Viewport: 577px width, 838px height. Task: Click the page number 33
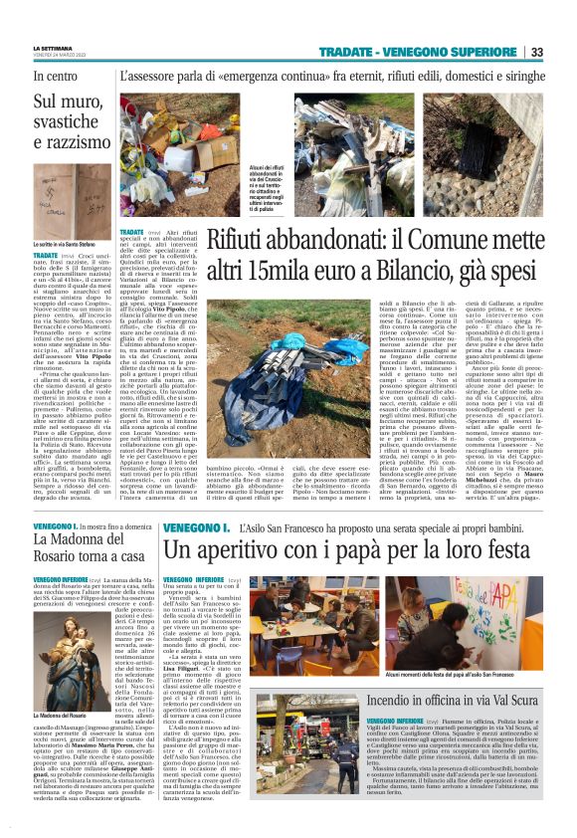click(536, 52)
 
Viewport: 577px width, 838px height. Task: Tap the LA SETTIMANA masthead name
click(53, 48)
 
